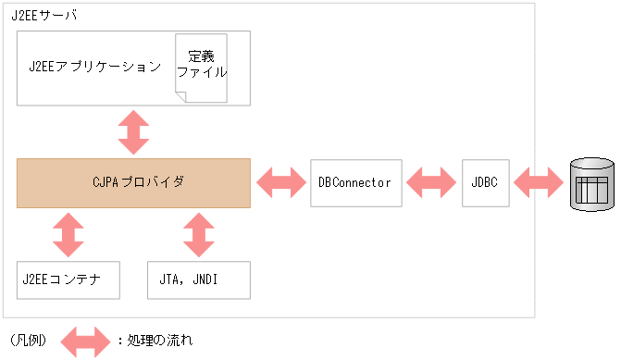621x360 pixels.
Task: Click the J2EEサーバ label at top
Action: [x=45, y=17]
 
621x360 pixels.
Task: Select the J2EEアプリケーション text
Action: [x=94, y=68]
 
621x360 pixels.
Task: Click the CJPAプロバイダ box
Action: [x=133, y=182]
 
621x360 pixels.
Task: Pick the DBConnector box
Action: [x=354, y=182]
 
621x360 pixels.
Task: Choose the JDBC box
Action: [x=485, y=182]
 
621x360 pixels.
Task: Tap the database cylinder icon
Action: [x=592, y=182]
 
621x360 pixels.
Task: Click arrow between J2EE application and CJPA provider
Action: [x=133, y=131]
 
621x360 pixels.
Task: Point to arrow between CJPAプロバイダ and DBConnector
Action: [x=280, y=182]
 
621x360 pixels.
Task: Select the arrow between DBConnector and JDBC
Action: [x=431, y=182]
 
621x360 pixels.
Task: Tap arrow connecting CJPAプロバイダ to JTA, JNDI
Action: [x=198, y=234]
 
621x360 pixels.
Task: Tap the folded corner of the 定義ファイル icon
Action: [x=219, y=95]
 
